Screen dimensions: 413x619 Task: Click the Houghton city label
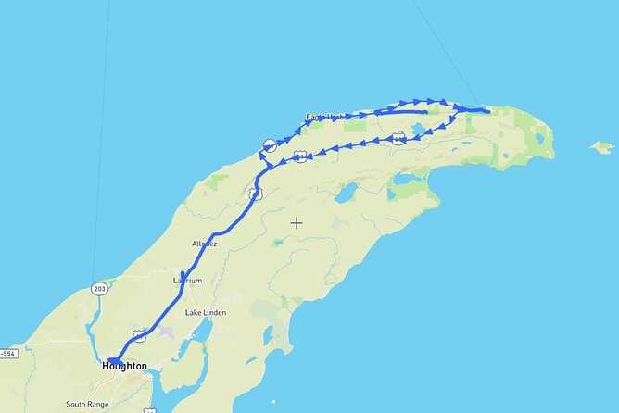(123, 367)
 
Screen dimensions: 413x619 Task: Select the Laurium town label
(187, 280)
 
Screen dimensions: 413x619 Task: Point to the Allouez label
(204, 244)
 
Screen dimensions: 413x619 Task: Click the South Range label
(87, 404)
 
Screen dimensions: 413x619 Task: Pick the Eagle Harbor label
(325, 118)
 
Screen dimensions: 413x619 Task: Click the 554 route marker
(7, 354)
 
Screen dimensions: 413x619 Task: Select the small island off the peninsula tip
(602, 146)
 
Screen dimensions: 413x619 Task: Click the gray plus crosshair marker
(297, 222)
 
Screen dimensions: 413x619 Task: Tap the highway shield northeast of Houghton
(139, 335)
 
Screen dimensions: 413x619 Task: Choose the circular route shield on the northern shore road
(270, 144)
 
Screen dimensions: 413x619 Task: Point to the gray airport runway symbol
(165, 330)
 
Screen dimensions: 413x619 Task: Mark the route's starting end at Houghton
(109, 361)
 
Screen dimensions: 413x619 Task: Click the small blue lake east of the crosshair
(347, 194)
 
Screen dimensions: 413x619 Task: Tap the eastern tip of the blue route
(487, 111)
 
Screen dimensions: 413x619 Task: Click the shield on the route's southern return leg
(398, 137)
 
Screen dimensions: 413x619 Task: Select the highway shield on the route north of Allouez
(255, 194)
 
